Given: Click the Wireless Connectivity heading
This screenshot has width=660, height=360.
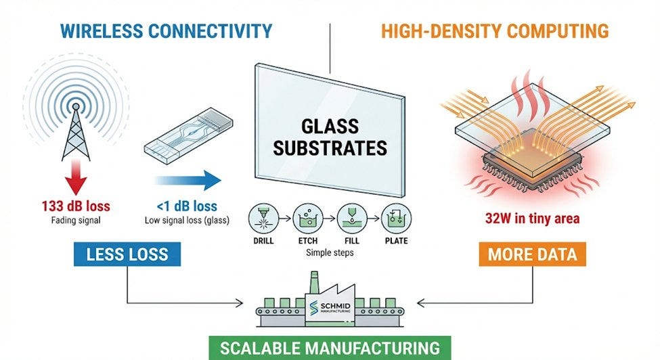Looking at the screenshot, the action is [167, 31].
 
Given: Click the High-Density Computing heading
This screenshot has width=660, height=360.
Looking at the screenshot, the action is [495, 31].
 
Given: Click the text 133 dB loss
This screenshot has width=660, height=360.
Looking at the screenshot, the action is [76, 206].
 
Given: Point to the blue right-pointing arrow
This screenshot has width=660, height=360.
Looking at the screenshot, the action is [188, 181].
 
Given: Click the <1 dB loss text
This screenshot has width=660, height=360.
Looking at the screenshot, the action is [187, 206].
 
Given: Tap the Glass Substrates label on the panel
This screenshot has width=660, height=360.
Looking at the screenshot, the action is [330, 137].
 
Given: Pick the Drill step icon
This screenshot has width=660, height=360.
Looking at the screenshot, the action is [263, 219].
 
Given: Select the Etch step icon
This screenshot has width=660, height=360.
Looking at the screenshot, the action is [308, 219].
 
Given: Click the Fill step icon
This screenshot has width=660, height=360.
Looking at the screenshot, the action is [352, 219].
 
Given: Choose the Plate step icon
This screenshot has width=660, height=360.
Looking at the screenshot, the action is [396, 219].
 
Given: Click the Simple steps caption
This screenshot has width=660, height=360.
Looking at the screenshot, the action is [330, 253].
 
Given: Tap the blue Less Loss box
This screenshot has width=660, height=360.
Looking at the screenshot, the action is [127, 254].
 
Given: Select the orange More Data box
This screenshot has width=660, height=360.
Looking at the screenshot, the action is [533, 254].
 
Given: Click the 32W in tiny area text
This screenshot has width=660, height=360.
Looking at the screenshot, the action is [533, 219].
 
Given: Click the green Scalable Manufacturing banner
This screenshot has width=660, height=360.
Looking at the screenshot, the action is [330, 348].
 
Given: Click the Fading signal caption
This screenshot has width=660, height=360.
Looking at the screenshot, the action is [76, 220].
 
